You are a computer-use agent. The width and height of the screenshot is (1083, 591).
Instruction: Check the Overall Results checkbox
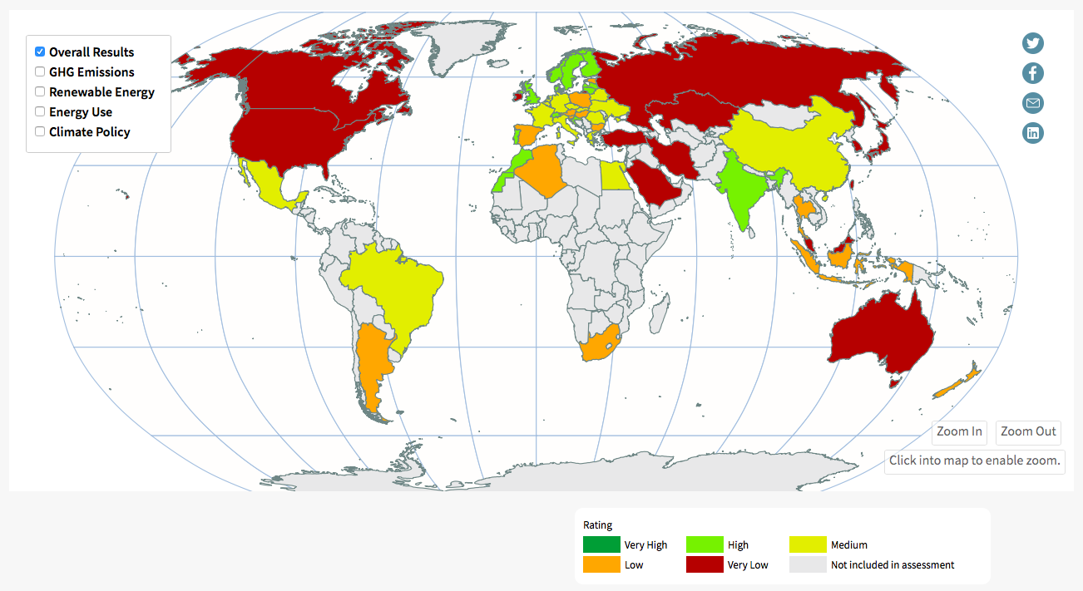pyautogui.click(x=40, y=52)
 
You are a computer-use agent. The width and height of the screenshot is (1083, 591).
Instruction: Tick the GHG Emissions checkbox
pyautogui.click(x=40, y=71)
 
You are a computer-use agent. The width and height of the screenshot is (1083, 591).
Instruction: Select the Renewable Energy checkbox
pyautogui.click(x=40, y=91)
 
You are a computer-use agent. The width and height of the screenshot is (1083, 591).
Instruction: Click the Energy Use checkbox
pyautogui.click(x=40, y=111)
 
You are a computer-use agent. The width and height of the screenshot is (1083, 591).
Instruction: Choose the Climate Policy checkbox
pyautogui.click(x=40, y=131)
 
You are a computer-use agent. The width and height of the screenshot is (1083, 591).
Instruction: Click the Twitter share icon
pyautogui.click(x=1032, y=43)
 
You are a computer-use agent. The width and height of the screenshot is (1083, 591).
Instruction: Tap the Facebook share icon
pyautogui.click(x=1032, y=73)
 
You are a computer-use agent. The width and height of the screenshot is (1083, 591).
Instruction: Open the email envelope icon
pyautogui.click(x=1032, y=103)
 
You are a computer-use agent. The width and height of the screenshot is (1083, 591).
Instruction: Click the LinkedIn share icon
pyautogui.click(x=1032, y=133)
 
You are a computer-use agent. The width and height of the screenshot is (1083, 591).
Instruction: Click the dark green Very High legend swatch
pyautogui.click(x=601, y=545)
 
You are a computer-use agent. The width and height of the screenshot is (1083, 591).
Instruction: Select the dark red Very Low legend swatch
pyautogui.click(x=705, y=565)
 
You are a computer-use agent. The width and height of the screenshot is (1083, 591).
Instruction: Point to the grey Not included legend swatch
pyautogui.click(x=808, y=565)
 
